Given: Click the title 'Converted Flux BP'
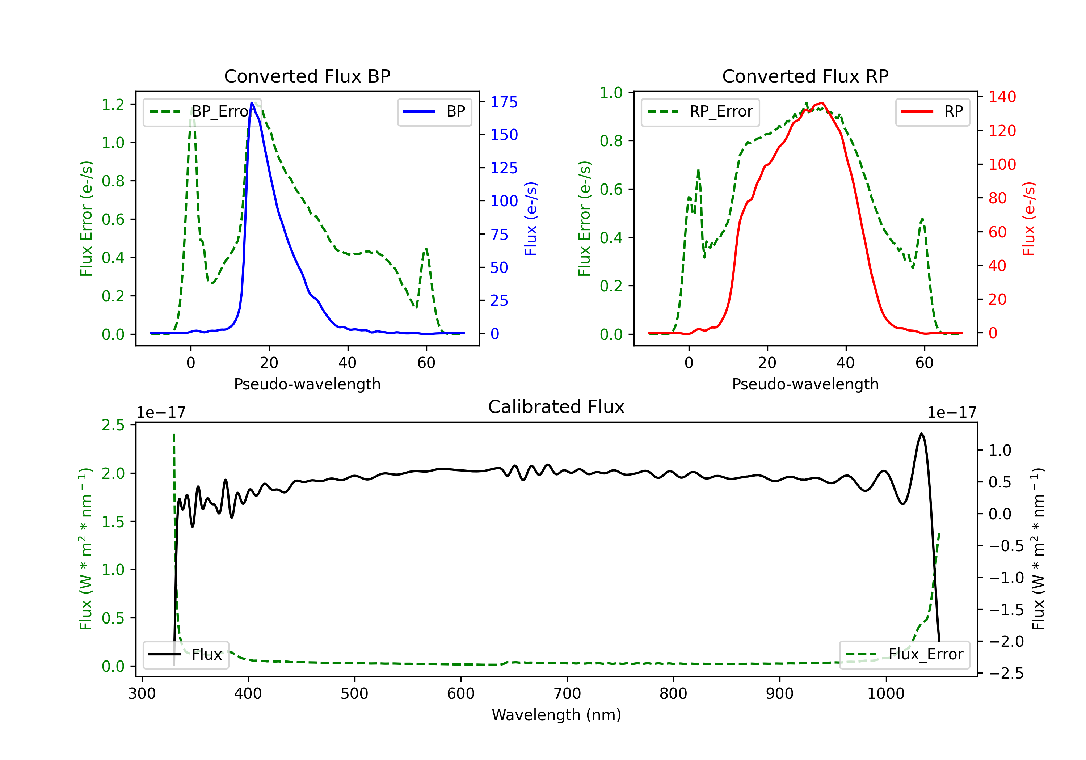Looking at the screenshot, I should (307, 76).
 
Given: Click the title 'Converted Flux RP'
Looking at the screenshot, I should (805, 76).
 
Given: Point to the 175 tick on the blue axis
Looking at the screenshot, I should (504, 102).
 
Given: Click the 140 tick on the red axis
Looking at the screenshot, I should (1002, 97).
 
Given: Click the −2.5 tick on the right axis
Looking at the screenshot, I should (1006, 673).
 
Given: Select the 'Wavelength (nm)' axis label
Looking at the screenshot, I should (556, 715).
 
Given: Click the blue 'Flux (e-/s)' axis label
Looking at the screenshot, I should (531, 219).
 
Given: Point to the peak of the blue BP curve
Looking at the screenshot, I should (252, 103).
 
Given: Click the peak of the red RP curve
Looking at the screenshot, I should (822, 103).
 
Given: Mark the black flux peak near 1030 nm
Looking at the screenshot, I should (921, 434).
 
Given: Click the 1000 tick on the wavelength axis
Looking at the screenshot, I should (885, 693).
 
